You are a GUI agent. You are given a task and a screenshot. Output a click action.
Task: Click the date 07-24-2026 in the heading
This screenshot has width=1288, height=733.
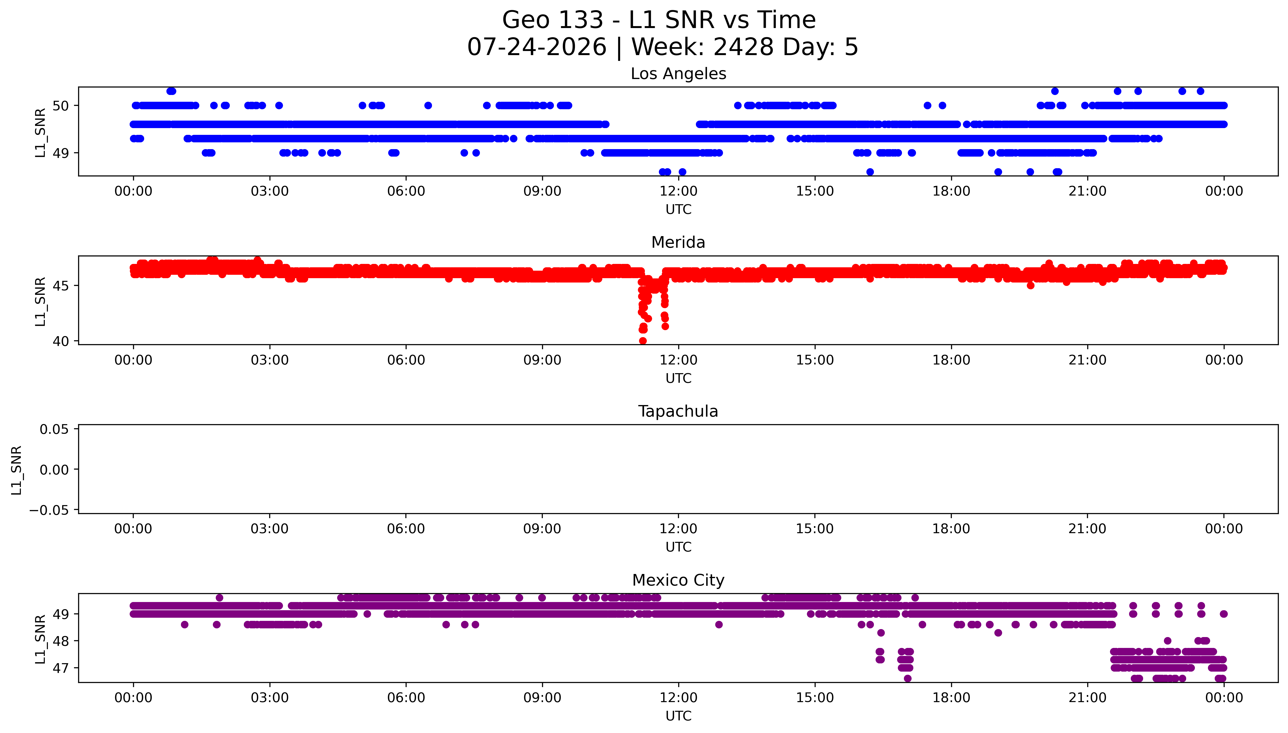point(537,47)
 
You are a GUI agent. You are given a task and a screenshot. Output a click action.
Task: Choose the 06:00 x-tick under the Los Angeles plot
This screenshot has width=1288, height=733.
point(406,191)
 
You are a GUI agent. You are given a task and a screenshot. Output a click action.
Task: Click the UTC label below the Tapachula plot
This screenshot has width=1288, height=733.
point(678,547)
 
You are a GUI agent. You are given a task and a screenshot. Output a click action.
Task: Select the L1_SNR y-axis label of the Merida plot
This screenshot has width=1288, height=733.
point(40,301)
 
